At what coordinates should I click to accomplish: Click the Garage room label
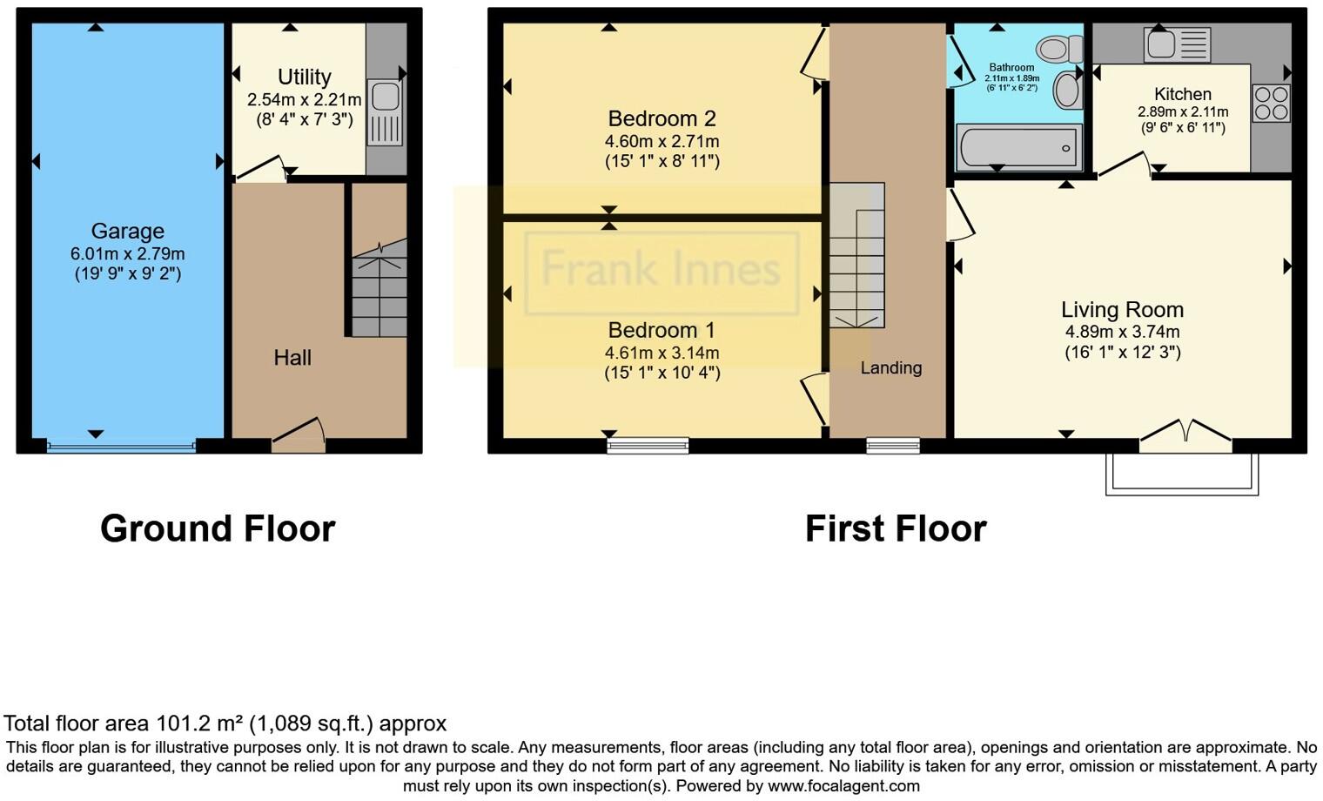click(x=127, y=231)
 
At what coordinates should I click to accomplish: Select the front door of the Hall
click(x=299, y=435)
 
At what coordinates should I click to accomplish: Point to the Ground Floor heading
click(x=218, y=528)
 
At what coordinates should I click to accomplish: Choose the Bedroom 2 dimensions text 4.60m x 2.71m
click(x=661, y=141)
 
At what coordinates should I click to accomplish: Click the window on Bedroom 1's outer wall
click(x=648, y=447)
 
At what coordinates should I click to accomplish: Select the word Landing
click(x=890, y=367)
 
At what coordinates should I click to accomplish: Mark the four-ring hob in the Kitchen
click(x=1271, y=103)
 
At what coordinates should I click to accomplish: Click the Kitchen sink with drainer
click(x=1177, y=44)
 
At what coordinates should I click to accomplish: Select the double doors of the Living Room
click(x=1185, y=435)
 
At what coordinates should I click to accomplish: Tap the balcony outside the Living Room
click(x=1181, y=474)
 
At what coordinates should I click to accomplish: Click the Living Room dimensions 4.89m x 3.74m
click(x=1122, y=332)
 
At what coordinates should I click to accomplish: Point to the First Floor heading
click(x=896, y=528)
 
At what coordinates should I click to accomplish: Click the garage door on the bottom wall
click(x=121, y=447)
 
